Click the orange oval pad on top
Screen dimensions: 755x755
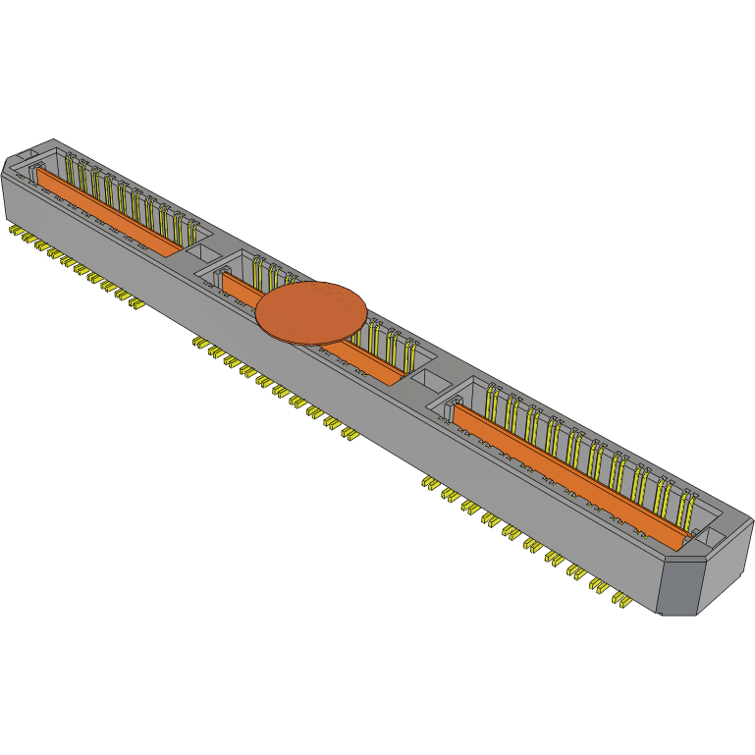coord(311,312)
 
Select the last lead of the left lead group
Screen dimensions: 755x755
coord(138,305)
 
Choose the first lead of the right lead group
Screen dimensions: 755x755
coord(429,482)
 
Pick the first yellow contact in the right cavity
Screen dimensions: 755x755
coord(490,403)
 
